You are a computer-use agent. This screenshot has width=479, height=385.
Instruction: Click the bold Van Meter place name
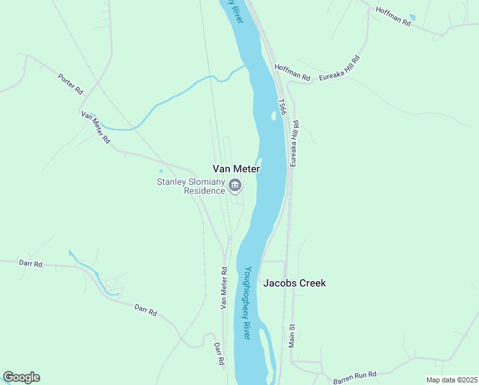pyautogui.click(x=236, y=169)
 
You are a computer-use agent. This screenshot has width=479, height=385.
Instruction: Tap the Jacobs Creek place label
pyautogui.click(x=295, y=283)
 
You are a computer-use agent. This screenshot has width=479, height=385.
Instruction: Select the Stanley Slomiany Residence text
pyautogui.click(x=191, y=186)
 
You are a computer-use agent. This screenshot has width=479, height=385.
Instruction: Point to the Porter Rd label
pyautogui.click(x=70, y=83)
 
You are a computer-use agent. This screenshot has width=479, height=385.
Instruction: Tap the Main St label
pyautogui.click(x=292, y=336)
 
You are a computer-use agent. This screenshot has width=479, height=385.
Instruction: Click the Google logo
pyautogui.click(x=21, y=377)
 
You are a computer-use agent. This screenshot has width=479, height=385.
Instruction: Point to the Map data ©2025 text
pyautogui.click(x=451, y=380)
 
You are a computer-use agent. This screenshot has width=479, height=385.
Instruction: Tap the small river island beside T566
pyautogui.click(x=273, y=116)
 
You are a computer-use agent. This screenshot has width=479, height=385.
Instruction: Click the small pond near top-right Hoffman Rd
pyautogui.click(x=412, y=17)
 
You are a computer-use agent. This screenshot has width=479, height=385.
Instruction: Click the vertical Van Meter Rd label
pyautogui.click(x=224, y=288)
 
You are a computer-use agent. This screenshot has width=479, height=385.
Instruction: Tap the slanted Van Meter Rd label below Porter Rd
pyautogui.click(x=95, y=127)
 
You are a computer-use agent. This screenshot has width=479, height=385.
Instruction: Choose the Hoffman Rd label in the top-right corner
pyautogui.click(x=393, y=17)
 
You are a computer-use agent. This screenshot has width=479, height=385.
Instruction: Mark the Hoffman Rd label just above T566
pyautogui.click(x=292, y=73)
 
